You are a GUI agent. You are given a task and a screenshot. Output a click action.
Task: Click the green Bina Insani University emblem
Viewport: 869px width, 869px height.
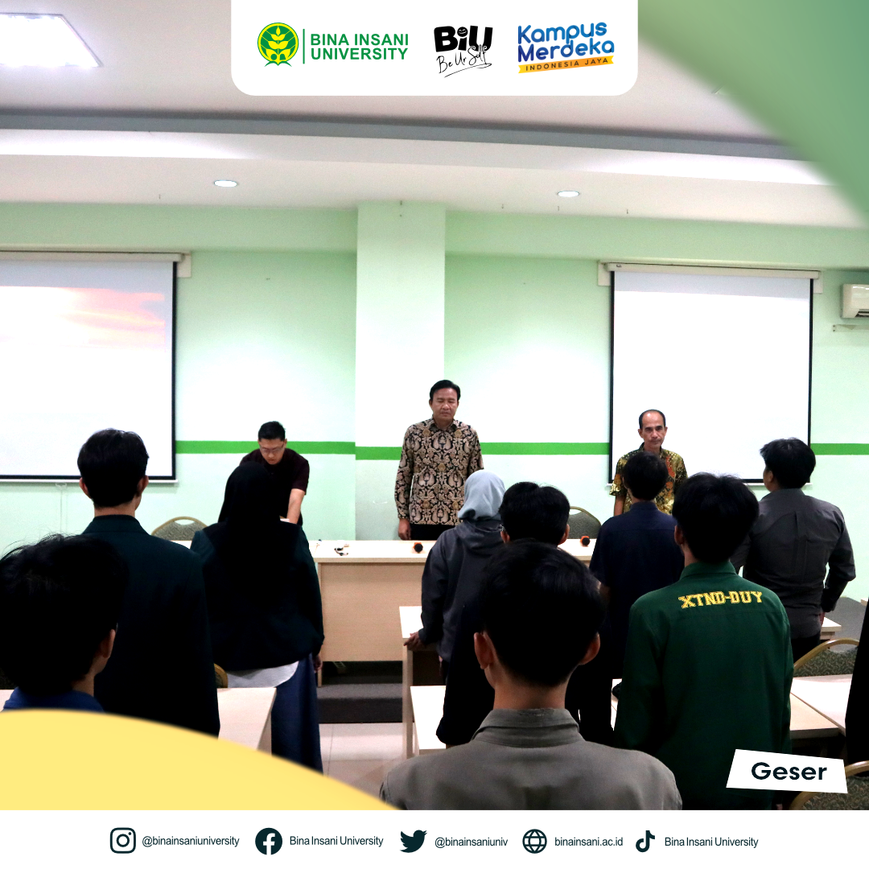pos(278,44)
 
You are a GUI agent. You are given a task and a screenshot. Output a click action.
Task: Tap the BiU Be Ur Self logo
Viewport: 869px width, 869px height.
pos(463,49)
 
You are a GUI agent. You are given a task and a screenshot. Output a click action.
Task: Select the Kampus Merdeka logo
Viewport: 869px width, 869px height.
pos(566,47)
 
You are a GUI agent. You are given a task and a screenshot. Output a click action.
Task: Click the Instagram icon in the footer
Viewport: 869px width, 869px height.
pos(122,841)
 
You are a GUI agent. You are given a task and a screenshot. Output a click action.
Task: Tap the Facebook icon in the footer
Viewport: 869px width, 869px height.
pos(268,841)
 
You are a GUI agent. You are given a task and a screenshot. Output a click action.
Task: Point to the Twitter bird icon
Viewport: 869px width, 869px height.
pos(414,841)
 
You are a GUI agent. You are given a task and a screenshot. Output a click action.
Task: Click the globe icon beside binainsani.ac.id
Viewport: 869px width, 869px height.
pos(534,842)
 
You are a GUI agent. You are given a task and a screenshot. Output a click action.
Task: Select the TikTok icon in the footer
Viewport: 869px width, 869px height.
pos(645,841)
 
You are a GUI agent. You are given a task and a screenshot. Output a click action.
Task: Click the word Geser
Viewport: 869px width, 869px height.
pos(789,772)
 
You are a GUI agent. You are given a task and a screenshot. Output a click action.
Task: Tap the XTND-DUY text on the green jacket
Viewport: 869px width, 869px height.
pos(720,599)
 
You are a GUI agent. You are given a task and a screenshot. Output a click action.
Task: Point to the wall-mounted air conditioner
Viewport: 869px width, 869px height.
pos(855,301)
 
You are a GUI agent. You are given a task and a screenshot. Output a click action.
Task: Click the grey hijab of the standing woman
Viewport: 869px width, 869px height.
pos(482,495)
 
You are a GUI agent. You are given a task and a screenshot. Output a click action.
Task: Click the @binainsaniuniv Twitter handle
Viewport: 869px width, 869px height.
pos(471,842)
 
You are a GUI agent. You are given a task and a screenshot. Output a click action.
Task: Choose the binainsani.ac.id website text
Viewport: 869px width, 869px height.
pos(588,842)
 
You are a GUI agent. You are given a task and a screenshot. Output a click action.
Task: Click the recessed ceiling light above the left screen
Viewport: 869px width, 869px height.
pos(225,183)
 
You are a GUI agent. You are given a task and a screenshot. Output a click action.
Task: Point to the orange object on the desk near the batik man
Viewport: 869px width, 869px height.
pos(418,548)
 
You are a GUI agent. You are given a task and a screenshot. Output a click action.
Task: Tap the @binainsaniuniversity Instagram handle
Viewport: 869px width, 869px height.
pos(191,842)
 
